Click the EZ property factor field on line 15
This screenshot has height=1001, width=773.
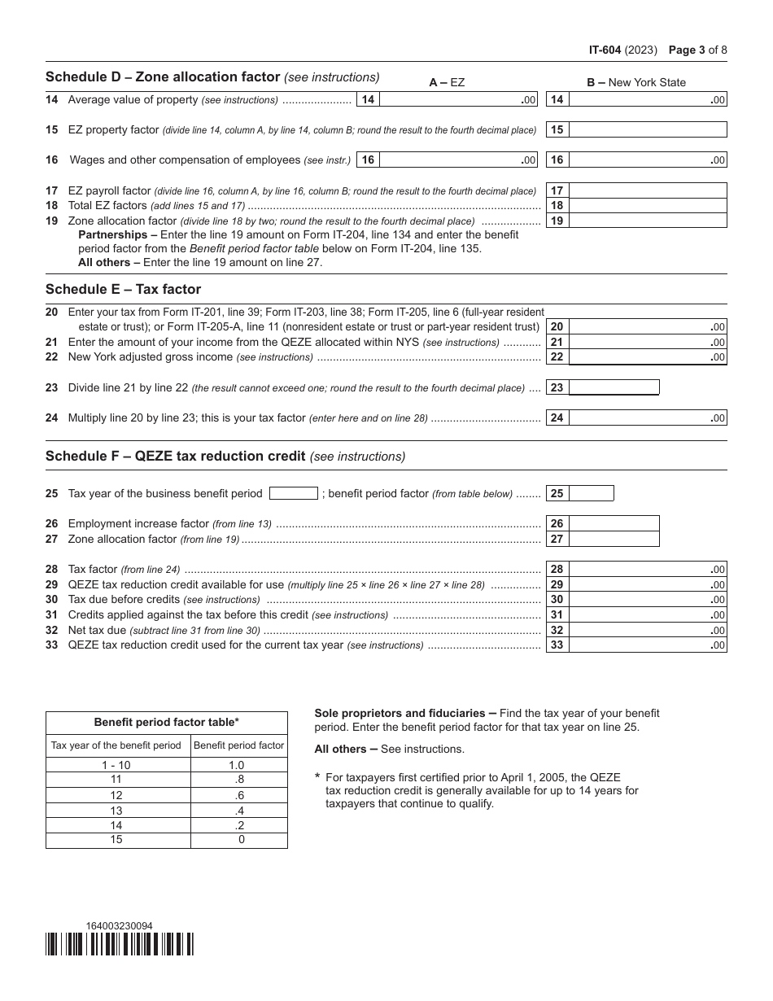(x=647, y=129)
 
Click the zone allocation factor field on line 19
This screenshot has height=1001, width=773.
(x=647, y=221)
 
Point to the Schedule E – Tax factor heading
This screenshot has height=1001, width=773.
(x=123, y=289)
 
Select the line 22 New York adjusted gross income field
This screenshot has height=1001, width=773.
(x=647, y=356)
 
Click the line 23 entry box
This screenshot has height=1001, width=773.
(x=613, y=387)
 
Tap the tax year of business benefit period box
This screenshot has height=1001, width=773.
(x=293, y=493)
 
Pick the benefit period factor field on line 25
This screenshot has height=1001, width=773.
(x=591, y=493)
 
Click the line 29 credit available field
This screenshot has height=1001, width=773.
(x=647, y=584)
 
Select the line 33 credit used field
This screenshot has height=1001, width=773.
(x=647, y=645)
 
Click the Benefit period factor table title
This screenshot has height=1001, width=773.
(x=167, y=722)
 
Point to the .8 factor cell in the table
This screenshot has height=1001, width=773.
(x=239, y=780)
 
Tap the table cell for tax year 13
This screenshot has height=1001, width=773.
(x=117, y=811)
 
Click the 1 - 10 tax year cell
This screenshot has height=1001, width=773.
(x=117, y=765)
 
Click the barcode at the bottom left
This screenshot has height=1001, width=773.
(x=120, y=944)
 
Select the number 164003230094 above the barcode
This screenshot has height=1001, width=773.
(x=119, y=925)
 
